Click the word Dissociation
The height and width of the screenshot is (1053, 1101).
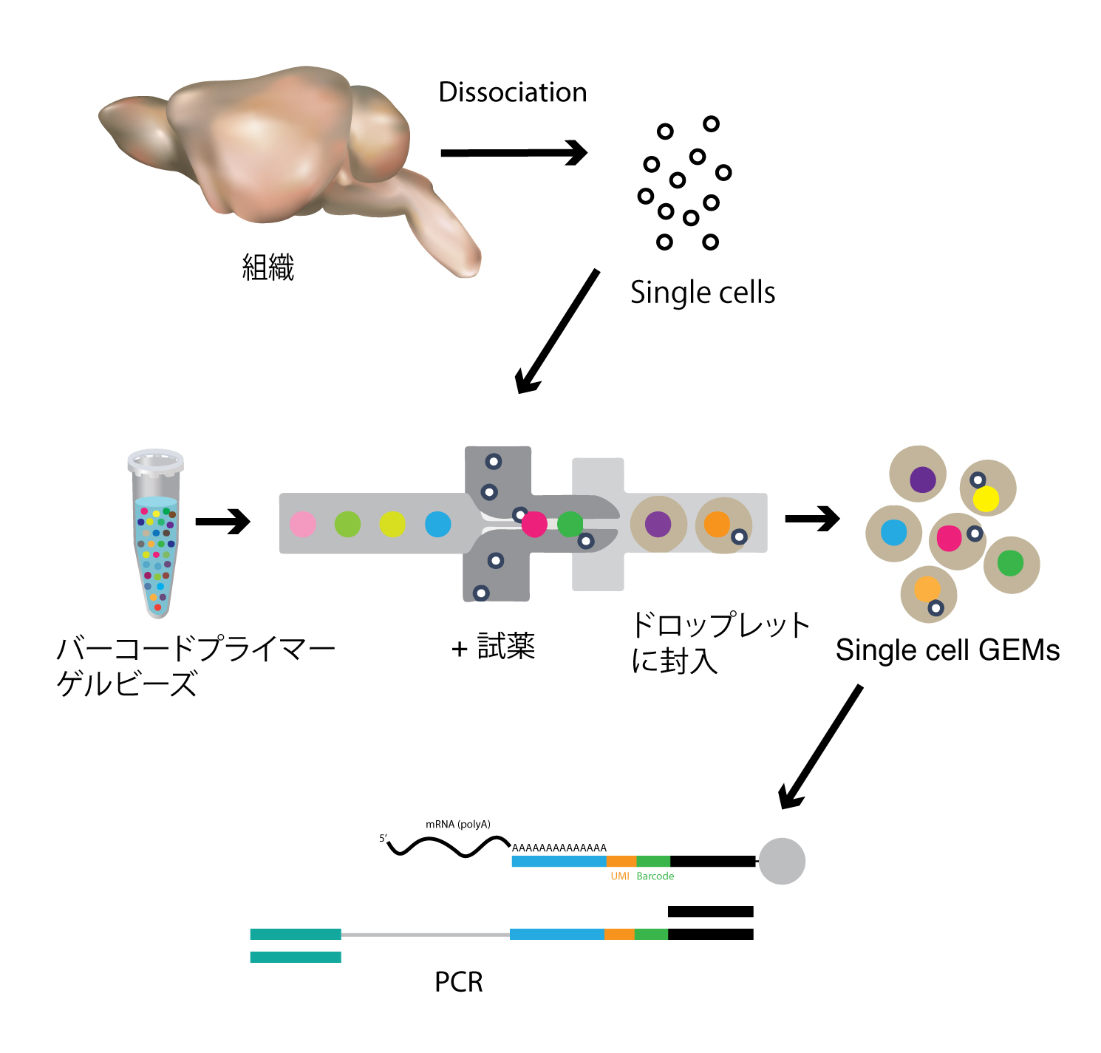click(x=512, y=92)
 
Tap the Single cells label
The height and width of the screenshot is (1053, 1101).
click(x=702, y=293)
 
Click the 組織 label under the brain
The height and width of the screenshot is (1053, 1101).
click(x=268, y=267)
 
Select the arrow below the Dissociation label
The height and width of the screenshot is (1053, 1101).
click(x=513, y=153)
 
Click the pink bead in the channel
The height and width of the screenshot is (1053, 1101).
click(x=303, y=524)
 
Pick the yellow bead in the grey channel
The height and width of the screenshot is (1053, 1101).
click(x=392, y=524)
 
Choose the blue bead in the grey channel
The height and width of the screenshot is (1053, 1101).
click(x=438, y=524)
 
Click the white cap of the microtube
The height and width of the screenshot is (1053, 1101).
click(x=156, y=461)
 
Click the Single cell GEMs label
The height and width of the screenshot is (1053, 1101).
click(x=947, y=650)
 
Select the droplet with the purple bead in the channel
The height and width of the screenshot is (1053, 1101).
click(x=658, y=524)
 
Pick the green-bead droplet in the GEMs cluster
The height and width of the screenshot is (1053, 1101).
click(x=1011, y=564)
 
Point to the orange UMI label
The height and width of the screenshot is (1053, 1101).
click(x=620, y=876)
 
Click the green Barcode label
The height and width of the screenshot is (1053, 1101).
click(x=655, y=876)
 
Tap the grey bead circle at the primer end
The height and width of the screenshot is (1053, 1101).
click(x=782, y=861)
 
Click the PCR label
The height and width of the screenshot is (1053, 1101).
click(x=459, y=982)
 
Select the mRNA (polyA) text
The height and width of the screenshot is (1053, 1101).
click(x=458, y=825)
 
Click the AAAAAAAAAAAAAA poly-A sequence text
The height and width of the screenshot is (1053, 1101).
click(x=559, y=848)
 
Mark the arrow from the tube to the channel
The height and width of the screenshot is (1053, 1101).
click(x=222, y=522)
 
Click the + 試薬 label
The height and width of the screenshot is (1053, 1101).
click(x=493, y=647)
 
